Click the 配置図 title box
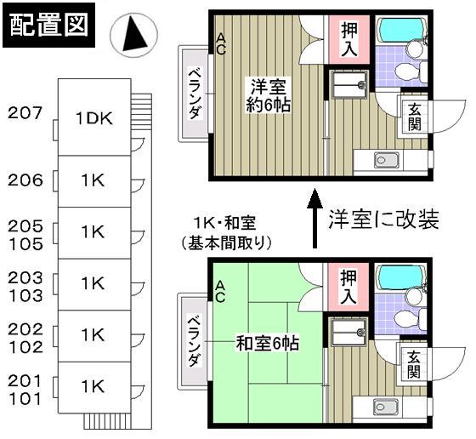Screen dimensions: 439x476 coord(48,26)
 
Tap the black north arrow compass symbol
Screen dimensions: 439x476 coord(137,35)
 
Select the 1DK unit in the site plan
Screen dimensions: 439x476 coord(93,118)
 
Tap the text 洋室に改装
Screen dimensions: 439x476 coord(383,220)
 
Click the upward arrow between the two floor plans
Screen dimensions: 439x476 coord(314,219)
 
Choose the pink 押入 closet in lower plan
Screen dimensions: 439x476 coord(349,286)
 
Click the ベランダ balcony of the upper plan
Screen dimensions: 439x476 coord(194,92)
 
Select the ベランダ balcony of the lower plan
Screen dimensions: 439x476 coord(194,342)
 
